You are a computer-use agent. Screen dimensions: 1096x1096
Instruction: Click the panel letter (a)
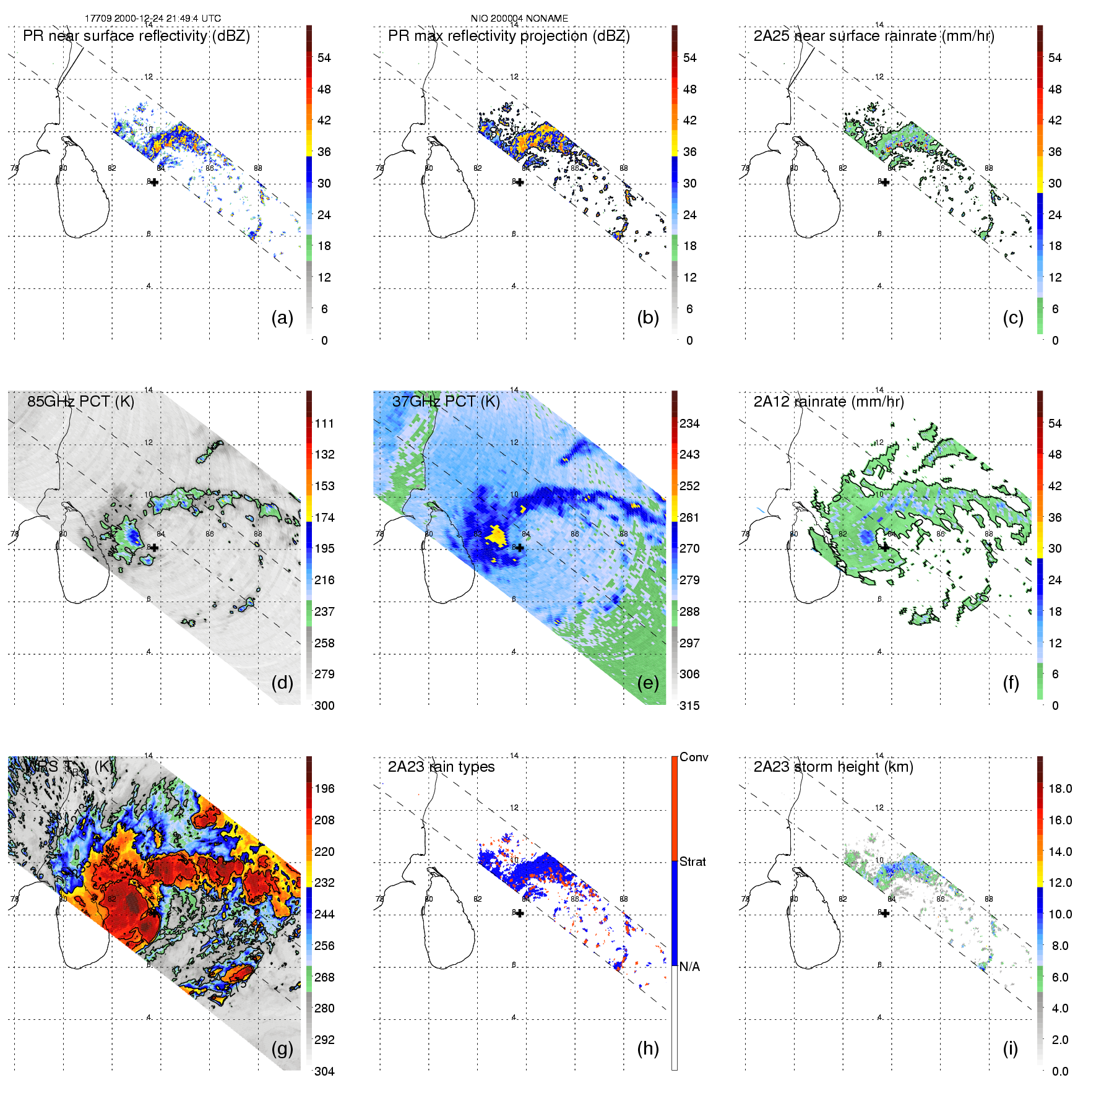282,317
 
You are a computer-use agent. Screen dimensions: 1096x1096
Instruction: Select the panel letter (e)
647,683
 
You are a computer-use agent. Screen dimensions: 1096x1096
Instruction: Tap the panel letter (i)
1010,1048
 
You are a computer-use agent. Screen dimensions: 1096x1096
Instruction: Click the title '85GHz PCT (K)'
80,401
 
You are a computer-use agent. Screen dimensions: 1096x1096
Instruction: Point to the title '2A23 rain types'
441,767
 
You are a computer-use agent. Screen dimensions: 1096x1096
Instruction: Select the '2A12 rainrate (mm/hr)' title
829,402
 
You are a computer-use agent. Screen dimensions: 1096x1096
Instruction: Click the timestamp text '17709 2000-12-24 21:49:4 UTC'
153,19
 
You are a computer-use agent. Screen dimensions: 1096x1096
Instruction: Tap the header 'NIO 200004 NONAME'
519,19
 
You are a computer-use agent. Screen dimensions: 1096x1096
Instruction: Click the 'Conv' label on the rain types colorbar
694,757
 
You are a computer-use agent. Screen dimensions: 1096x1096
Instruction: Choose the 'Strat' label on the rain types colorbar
693,861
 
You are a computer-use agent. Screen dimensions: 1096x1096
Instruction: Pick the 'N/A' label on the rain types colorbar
690,967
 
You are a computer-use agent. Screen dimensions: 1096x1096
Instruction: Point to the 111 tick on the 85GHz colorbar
324,423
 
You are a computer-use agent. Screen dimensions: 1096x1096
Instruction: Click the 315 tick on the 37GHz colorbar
689,705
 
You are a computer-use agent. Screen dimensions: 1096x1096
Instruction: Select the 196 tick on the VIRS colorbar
324,788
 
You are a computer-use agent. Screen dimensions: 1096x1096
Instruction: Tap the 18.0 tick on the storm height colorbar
1059,788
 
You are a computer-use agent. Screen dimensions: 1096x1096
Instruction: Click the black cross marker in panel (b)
520,182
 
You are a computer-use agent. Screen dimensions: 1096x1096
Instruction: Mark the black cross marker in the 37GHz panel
520,548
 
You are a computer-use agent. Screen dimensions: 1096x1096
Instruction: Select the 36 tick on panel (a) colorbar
324,152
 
